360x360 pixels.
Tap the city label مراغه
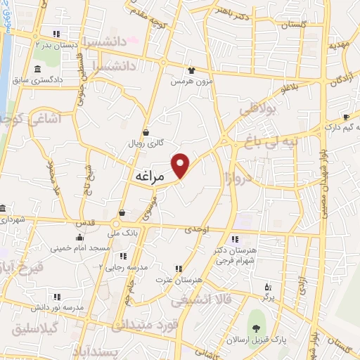148,177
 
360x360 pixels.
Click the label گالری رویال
146,142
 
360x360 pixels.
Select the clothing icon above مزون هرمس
191,70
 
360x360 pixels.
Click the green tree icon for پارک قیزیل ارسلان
255,329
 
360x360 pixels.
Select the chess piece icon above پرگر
267,286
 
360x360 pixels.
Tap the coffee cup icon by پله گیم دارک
346,117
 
